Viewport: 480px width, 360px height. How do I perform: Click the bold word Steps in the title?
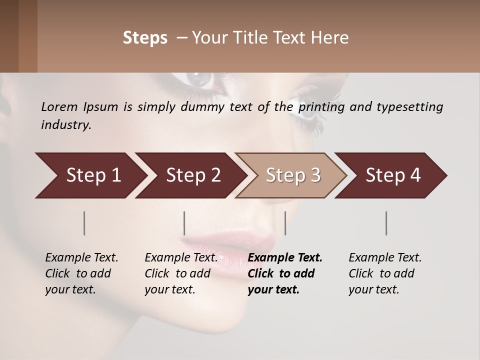click(145, 38)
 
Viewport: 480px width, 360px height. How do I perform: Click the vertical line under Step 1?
click(84, 223)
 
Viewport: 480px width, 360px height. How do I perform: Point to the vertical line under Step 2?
click(184, 223)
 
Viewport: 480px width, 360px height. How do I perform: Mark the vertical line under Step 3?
click(285, 223)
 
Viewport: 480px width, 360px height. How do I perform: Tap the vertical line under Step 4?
click(386, 223)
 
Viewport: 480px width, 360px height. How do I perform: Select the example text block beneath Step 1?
click(81, 273)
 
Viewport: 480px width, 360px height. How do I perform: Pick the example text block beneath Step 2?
click(181, 273)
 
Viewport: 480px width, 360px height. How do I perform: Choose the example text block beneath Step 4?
click(385, 273)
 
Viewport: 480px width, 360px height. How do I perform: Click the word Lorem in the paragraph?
click(59, 107)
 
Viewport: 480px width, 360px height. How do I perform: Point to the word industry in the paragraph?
click(66, 125)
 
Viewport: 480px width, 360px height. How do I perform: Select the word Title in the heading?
click(265, 38)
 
